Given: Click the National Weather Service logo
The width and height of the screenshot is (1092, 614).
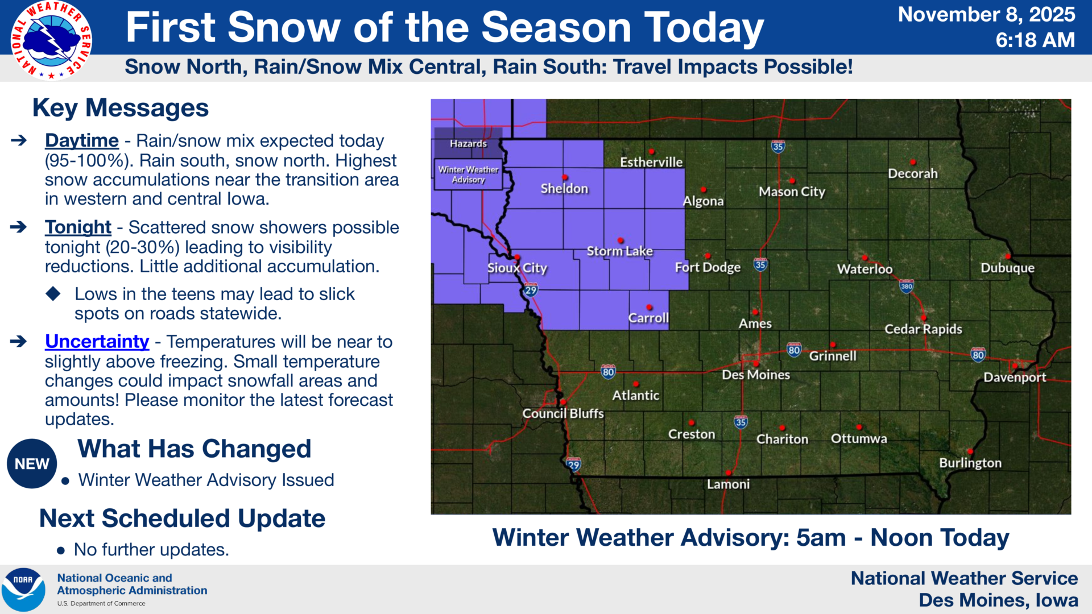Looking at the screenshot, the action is (51, 40).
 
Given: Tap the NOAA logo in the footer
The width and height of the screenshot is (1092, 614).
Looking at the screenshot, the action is (23, 590).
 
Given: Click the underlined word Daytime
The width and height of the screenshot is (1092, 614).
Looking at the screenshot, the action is (82, 140).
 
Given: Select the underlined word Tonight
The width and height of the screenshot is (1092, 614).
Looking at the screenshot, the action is (78, 227).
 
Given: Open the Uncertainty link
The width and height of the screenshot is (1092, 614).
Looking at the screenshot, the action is (97, 341).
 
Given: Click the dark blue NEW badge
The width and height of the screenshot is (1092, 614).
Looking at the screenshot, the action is (32, 464).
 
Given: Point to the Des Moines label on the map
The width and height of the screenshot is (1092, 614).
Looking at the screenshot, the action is (756, 375).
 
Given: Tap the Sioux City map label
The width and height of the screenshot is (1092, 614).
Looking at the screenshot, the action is (517, 268).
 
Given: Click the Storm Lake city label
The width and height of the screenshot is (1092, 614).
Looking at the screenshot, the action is (619, 251).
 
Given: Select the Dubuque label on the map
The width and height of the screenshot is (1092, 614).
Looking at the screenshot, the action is (1007, 268).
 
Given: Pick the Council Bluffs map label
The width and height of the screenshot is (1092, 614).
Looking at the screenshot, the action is (563, 413).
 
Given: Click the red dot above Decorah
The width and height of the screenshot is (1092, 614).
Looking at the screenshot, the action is (912, 162).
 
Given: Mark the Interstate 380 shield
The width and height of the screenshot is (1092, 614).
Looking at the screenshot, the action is (907, 286).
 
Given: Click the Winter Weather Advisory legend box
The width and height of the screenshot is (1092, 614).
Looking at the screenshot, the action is (469, 174).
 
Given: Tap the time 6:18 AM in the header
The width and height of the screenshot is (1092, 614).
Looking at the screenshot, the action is (1035, 40).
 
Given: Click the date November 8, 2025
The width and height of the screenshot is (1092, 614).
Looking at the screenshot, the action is (986, 14).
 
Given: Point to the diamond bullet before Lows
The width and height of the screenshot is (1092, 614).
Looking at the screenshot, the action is (53, 294).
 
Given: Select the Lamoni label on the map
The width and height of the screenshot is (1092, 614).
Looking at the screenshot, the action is (728, 484).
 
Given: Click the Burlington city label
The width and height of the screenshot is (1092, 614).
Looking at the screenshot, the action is (970, 463).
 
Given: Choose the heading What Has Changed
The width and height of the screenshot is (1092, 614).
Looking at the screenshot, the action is (195, 449).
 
